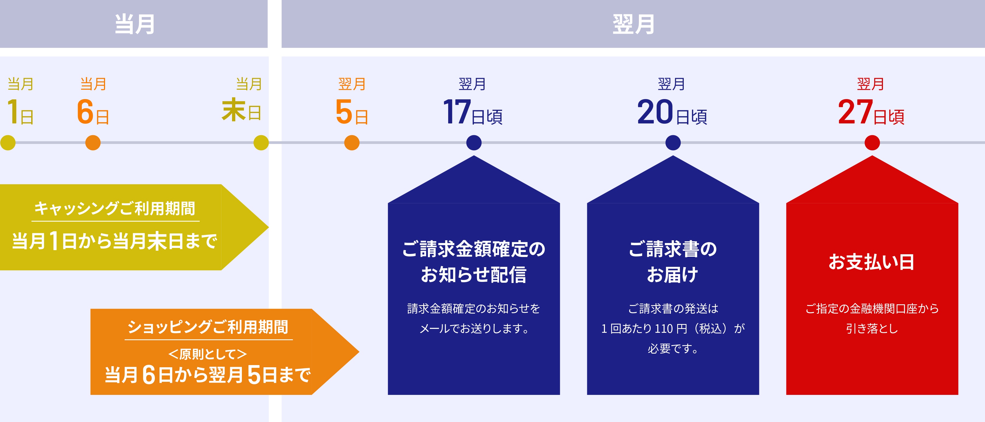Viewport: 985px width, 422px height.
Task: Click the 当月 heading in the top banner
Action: click(x=135, y=24)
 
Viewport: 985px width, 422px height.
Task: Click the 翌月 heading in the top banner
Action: click(x=633, y=24)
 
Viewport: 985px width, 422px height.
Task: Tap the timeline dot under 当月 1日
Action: click(x=8, y=143)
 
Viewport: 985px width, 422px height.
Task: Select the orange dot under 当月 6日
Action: click(x=93, y=143)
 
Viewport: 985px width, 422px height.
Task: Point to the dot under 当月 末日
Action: click(x=261, y=143)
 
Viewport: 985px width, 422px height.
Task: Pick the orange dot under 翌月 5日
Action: click(x=352, y=143)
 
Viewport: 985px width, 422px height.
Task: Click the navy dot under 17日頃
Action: click(x=474, y=143)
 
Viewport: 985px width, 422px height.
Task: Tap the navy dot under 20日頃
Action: click(x=673, y=143)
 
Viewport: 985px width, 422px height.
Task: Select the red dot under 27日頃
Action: click(x=872, y=143)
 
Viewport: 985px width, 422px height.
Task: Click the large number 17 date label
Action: click(x=457, y=112)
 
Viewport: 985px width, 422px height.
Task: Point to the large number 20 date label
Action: click(x=655, y=112)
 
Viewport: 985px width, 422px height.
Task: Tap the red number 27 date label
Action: click(x=855, y=112)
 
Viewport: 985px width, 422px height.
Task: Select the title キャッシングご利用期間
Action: click(x=115, y=209)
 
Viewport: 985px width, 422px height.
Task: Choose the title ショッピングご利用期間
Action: click(x=208, y=327)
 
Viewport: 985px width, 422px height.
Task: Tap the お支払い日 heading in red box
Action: click(x=871, y=262)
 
